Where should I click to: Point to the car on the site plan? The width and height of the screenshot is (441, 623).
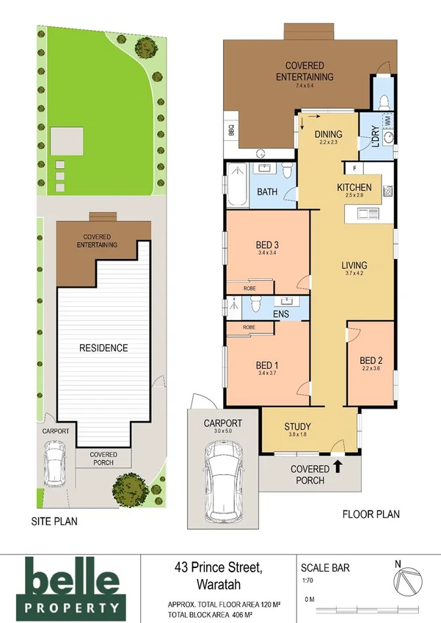coord(55,464)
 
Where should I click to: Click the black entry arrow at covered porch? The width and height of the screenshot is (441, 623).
coord(338,464)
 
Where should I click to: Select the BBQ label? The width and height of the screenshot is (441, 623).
coord(230,131)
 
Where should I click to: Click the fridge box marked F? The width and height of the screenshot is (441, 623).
coord(353,168)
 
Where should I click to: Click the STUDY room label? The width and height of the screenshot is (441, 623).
coord(297,426)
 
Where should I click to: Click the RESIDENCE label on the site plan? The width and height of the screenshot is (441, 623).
coord(103,348)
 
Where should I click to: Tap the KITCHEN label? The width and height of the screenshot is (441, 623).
coord(354,187)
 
